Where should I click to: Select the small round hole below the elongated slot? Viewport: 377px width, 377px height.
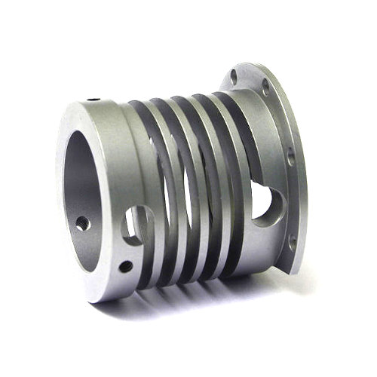tap(125, 265)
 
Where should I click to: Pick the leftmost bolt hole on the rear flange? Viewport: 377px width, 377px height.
tap(234, 76)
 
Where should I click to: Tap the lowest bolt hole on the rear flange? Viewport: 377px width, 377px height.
tap(293, 242)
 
